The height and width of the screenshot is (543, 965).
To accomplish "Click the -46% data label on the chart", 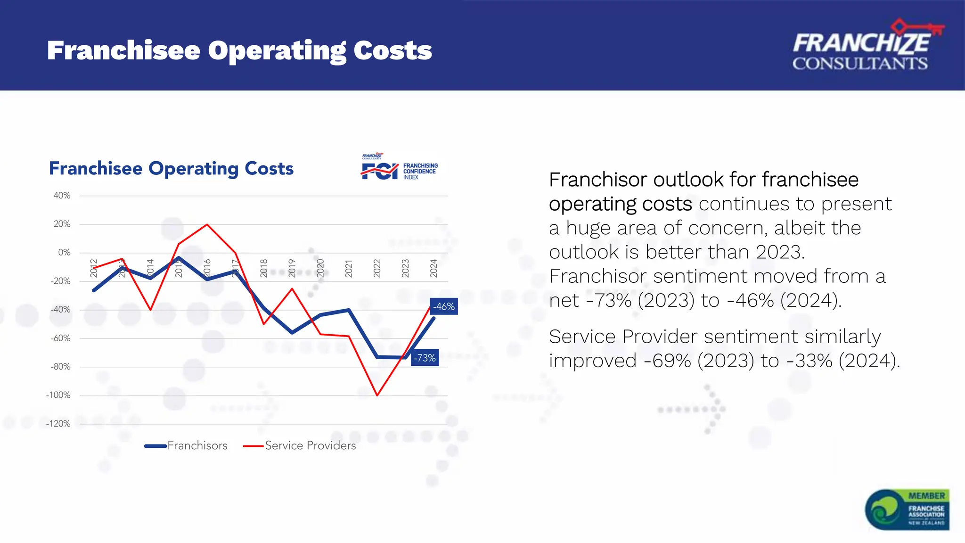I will click(444, 307).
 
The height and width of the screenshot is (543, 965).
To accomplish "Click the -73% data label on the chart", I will click(425, 358).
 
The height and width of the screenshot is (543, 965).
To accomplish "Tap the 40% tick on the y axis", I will click(62, 196).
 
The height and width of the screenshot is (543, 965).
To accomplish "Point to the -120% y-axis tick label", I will click(58, 424).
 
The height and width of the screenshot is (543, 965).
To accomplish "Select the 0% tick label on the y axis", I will click(64, 253).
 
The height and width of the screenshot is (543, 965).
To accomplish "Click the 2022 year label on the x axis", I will click(377, 268).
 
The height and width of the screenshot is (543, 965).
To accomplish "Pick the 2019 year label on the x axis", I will click(292, 268).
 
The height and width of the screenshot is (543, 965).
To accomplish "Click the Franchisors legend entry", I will click(186, 446).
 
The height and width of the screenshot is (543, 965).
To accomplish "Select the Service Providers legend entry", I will click(300, 446).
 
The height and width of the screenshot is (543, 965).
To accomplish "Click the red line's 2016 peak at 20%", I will click(207, 224).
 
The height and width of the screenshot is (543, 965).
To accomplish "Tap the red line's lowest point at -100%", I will click(377, 395).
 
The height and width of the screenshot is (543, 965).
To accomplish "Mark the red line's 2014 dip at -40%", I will click(151, 310).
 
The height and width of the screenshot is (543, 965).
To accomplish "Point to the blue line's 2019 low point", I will click(292, 333).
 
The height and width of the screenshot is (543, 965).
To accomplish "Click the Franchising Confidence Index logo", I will click(400, 167).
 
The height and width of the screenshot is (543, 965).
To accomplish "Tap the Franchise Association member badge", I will click(907, 510).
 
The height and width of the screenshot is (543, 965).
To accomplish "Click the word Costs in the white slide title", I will click(393, 50).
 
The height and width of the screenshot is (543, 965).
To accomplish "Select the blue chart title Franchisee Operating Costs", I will click(171, 169).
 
